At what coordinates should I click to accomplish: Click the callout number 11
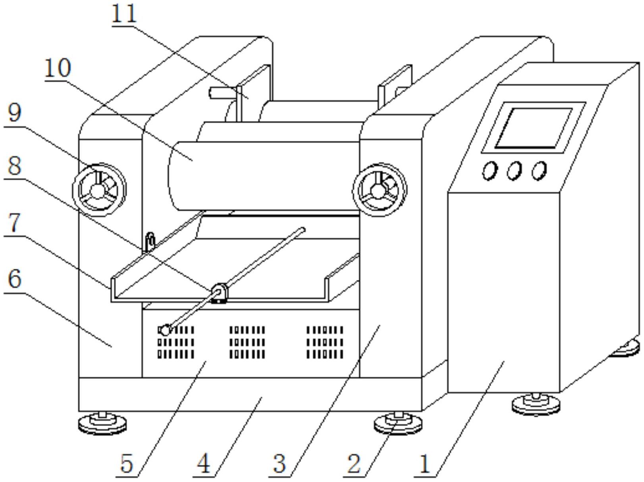pos(124,14)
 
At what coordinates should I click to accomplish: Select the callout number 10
pos(58,68)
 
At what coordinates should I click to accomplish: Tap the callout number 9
pos(14,114)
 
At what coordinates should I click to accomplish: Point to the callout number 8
pos(14,166)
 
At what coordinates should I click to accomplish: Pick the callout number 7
pos(14,224)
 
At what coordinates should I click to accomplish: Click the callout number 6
pos(14,279)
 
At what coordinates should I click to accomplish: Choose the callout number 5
pos(127,463)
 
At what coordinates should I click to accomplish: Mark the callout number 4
pos(204,463)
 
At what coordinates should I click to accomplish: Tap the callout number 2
pos(354,463)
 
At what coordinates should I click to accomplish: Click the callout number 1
pos(424,463)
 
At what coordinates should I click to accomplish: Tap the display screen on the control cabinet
pos(534,127)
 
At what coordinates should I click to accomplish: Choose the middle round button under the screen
pos(514,171)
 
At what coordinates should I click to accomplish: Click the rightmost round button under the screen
pos(539,170)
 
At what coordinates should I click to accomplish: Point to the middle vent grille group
pos(247,342)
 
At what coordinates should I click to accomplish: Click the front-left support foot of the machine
pos(102,424)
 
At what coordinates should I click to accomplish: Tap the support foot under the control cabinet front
pos(536,404)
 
